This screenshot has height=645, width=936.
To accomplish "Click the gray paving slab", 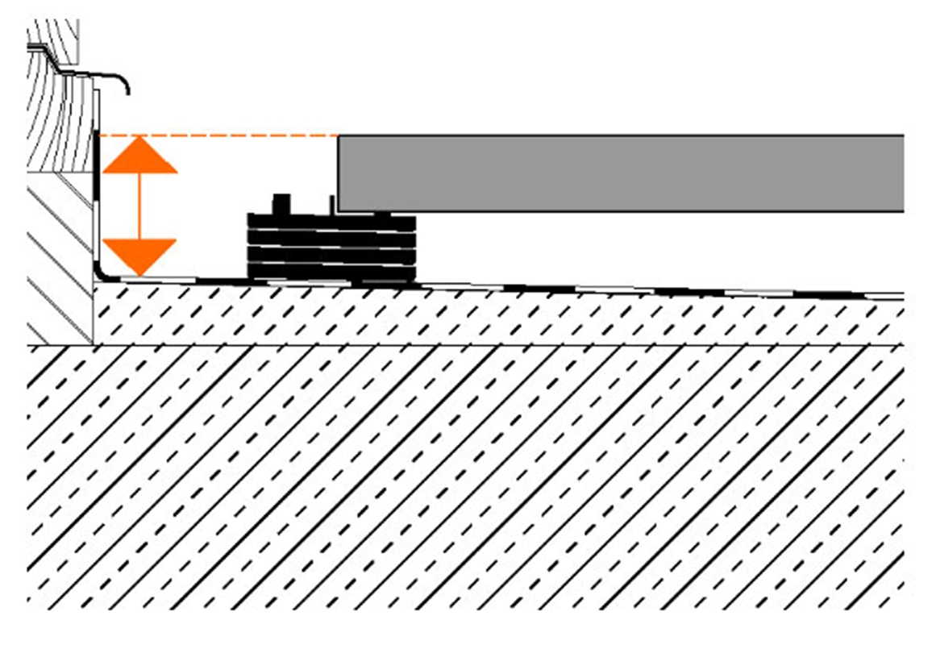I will tap(621, 173).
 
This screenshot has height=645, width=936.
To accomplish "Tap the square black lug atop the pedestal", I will tap(281, 204).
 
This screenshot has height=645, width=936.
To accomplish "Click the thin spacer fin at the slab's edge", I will tap(332, 205).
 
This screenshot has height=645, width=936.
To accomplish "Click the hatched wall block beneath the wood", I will tap(58, 258).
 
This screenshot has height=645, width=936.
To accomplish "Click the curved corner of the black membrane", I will tap(99, 275).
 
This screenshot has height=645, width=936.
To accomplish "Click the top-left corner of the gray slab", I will tap(339, 136).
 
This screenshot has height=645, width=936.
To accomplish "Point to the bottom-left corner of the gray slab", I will tap(339, 210).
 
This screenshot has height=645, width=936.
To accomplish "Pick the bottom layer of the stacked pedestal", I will tap(331, 274).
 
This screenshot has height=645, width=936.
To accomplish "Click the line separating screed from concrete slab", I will tap(484, 345).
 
